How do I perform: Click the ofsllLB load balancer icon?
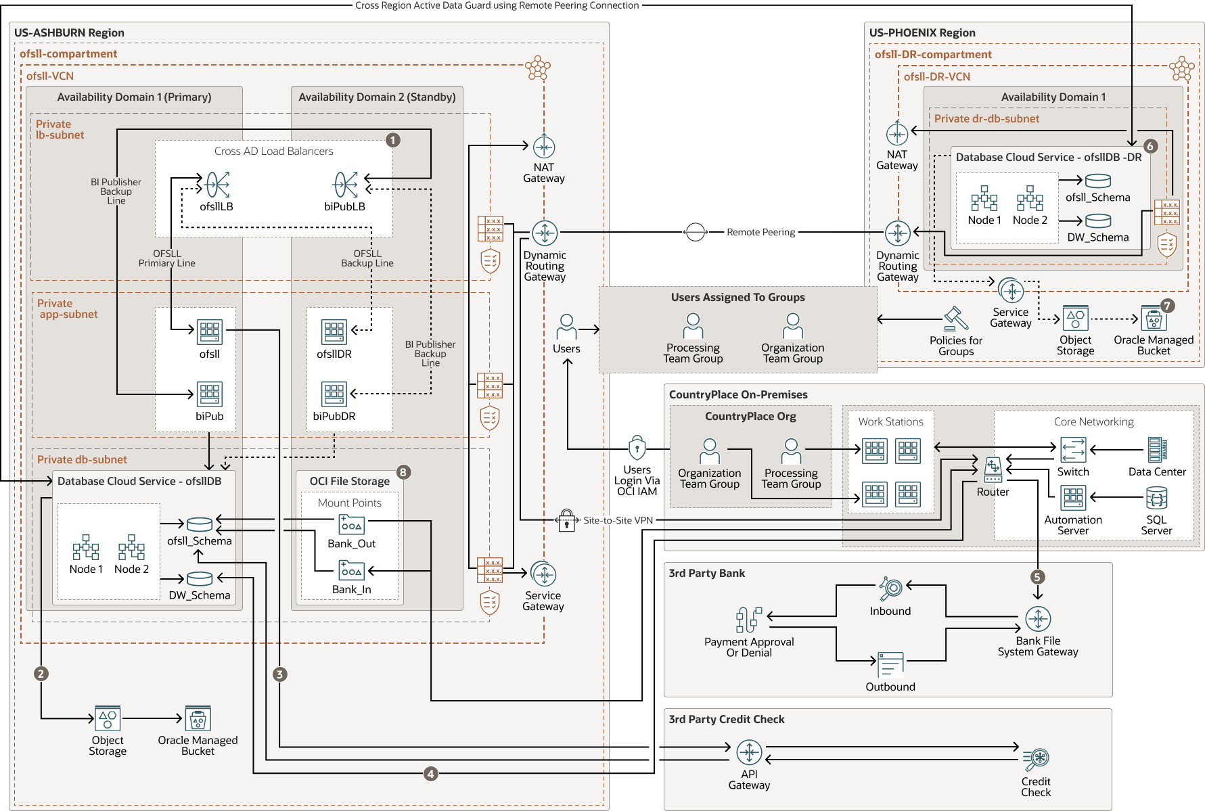(217, 185)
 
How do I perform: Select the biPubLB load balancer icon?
(345, 185)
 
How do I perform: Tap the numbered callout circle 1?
(393, 140)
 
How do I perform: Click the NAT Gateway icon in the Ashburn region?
(544, 147)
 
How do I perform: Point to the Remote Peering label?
(760, 232)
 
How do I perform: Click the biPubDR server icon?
(334, 394)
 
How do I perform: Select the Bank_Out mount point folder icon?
(351, 525)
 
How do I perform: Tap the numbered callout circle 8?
(403, 472)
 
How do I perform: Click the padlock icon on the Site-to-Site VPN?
(567, 521)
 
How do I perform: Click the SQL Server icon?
(1156, 499)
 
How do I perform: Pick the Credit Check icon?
(1036, 760)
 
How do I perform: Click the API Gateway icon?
(749, 752)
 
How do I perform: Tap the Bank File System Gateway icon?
(1038, 619)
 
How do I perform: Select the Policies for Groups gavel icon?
(956, 319)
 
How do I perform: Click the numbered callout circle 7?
(1167, 306)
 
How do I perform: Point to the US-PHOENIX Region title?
(922, 32)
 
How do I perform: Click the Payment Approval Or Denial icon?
(748, 620)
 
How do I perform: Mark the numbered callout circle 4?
(431, 773)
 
